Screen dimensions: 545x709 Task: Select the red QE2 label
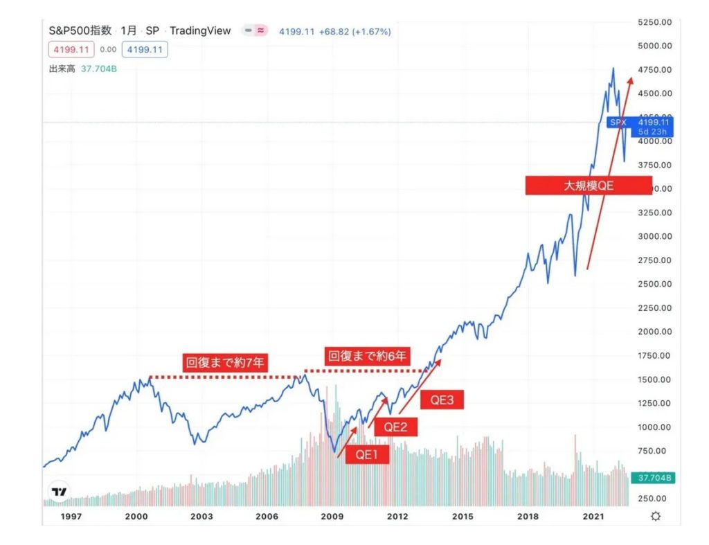click(x=395, y=427)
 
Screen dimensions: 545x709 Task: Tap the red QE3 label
click(x=441, y=400)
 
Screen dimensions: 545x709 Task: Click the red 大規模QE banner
click(x=588, y=186)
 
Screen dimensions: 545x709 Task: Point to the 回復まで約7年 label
click(x=226, y=361)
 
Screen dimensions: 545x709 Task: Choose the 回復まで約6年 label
click(x=369, y=357)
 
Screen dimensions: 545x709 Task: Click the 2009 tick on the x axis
click(x=332, y=516)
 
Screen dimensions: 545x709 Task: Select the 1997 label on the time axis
click(x=72, y=516)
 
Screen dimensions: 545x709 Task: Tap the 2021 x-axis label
click(x=593, y=516)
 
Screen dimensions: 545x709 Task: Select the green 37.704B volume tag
click(x=655, y=478)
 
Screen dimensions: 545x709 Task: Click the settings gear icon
click(x=655, y=516)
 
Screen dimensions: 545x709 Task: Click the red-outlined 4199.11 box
click(x=69, y=50)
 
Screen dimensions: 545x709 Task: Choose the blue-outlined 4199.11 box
click(x=145, y=50)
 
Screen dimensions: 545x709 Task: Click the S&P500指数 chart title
click(x=80, y=30)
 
